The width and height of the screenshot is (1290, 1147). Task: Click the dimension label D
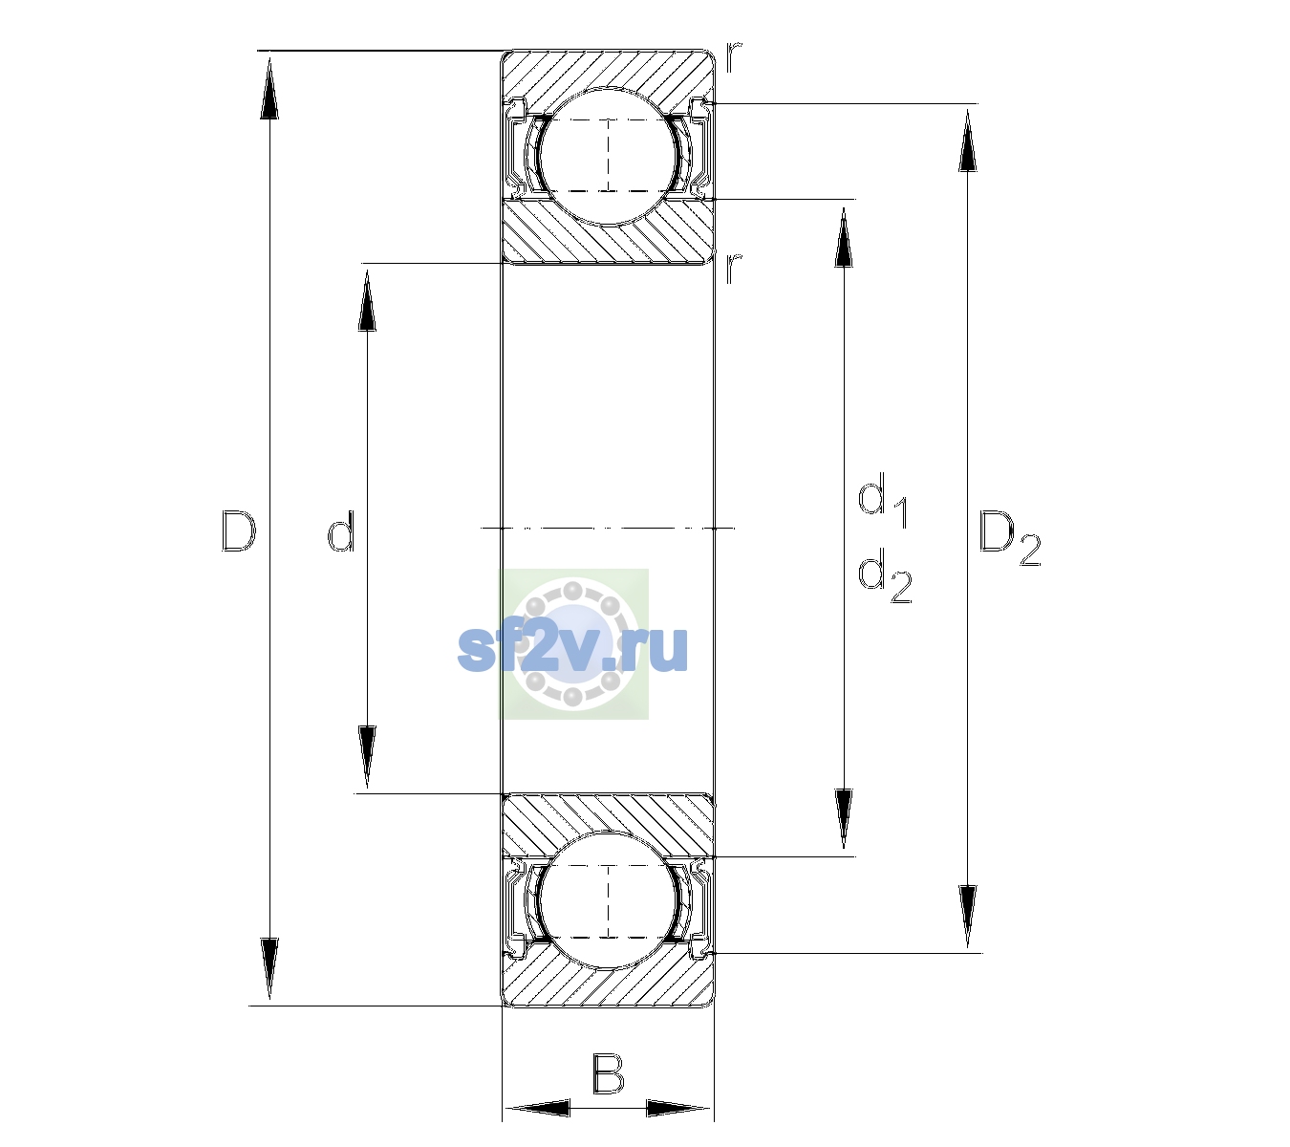tap(238, 531)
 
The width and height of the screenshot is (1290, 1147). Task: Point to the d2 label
tap(885, 575)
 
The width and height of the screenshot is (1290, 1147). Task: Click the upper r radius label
tap(734, 56)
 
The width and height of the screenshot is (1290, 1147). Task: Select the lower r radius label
tap(734, 268)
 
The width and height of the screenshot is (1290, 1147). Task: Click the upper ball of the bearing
tap(608, 156)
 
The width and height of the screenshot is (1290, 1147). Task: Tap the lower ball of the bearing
tap(608, 900)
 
